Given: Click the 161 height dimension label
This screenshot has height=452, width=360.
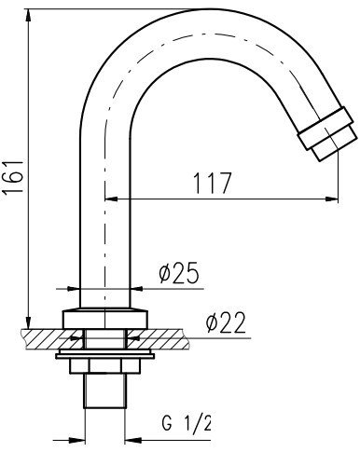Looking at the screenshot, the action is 14,178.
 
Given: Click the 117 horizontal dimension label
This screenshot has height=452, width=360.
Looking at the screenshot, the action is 213,184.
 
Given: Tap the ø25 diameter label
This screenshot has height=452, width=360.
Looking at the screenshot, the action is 178,273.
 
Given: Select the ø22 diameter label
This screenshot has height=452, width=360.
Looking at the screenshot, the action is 226,322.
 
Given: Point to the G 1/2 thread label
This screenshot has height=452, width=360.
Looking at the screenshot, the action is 187,422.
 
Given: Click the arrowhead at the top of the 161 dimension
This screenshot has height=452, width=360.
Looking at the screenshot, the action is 28,16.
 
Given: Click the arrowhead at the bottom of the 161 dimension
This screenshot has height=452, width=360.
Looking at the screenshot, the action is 28,322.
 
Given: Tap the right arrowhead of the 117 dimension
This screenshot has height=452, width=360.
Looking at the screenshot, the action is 331,199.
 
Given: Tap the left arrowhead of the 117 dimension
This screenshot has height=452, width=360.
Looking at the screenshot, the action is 112,199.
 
